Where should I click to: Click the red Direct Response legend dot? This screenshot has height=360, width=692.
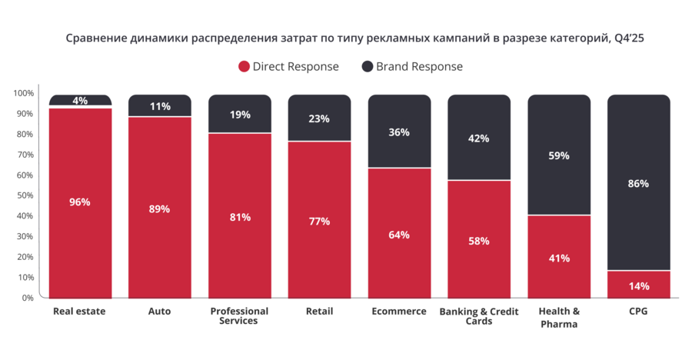[245, 67]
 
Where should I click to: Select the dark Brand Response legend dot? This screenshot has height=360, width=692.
[368, 67]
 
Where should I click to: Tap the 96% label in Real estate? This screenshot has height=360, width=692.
[80, 202]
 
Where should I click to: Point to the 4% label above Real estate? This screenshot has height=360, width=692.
[80, 101]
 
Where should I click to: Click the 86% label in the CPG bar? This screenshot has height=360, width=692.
[638, 184]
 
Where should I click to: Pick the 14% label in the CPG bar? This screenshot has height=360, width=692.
[638, 286]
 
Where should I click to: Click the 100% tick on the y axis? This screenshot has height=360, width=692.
[24, 94]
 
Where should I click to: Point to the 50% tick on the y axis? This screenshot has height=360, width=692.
[26, 195]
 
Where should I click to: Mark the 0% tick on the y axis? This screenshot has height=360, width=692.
[28, 298]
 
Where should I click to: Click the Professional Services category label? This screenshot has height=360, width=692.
[239, 316]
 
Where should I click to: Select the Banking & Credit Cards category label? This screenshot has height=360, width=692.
[479, 316]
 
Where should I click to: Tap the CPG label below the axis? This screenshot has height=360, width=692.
[638, 312]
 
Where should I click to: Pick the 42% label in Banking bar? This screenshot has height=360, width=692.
[479, 139]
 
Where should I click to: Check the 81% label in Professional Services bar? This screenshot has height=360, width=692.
[239, 217]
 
